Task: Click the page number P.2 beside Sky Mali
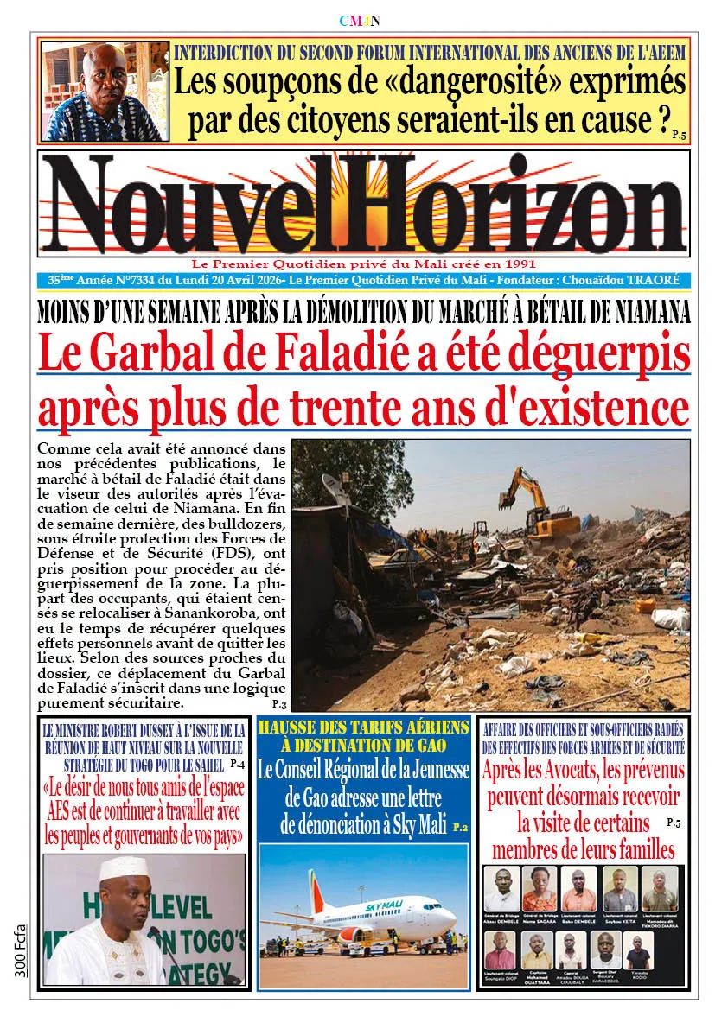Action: tap(459, 828)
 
